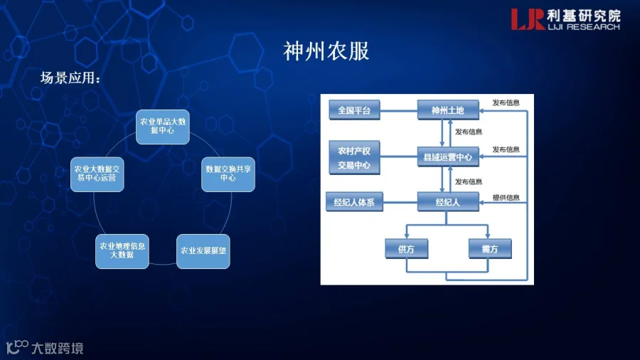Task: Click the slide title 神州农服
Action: (326, 51)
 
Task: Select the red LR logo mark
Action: (528, 19)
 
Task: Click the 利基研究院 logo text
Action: (584, 16)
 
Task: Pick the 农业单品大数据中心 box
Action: (162, 127)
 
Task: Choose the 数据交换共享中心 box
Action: (228, 174)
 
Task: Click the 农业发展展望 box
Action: (203, 251)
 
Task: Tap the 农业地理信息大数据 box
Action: (122, 251)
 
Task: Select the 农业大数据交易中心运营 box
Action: (97, 174)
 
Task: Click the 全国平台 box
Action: (354, 110)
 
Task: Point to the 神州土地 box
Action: (448, 110)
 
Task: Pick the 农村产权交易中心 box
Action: (354, 157)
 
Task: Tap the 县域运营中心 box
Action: (448, 157)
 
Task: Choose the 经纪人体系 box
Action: (354, 201)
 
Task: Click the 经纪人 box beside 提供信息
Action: (448, 201)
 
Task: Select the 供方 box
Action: (407, 248)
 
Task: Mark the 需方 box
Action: (490, 248)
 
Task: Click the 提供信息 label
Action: (506, 198)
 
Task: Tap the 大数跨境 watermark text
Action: (57, 348)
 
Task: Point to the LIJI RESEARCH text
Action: (584, 27)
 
